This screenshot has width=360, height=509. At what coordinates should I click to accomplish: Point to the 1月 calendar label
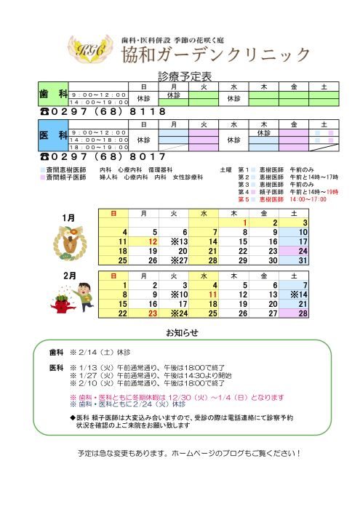click(x=69, y=217)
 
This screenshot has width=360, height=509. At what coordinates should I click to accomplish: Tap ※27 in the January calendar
click(x=180, y=260)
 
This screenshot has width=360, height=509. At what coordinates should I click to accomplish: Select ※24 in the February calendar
click(x=180, y=313)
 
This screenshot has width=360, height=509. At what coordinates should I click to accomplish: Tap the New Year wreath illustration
click(x=70, y=242)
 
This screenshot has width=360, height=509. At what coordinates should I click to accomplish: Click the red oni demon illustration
click(x=57, y=300)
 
